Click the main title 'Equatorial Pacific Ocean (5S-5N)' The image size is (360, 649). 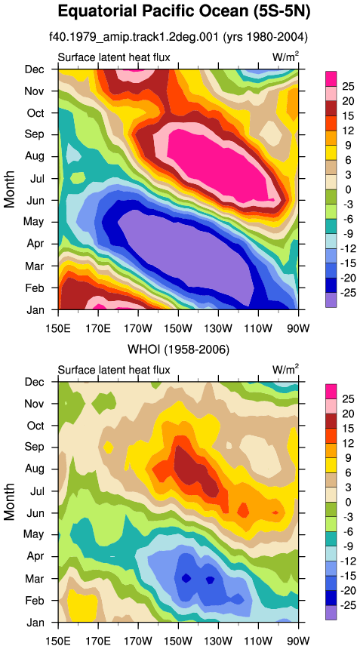coord(183,12)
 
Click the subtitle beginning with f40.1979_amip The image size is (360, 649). coord(178,38)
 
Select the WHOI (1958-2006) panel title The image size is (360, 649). coord(178,350)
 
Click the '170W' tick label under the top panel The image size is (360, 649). coord(138,318)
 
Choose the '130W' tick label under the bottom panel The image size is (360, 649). coord(218,631)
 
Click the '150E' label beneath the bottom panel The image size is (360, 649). coord(58,631)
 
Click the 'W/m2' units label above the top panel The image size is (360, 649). coord(285,57)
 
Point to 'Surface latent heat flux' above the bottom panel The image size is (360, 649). coord(114,370)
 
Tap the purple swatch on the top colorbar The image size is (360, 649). coord(331,300)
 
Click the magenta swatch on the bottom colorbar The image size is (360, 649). coord(331,391)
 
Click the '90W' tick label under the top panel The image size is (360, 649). coord(298,318)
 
